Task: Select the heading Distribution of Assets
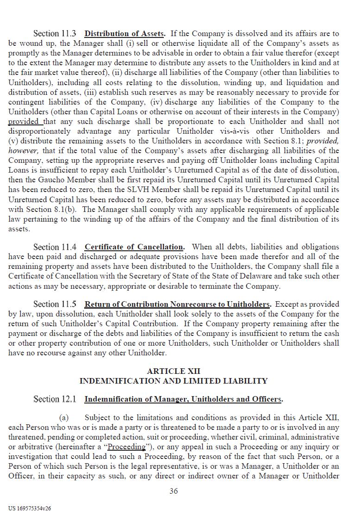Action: (x=124, y=34)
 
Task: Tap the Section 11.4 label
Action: (x=55, y=247)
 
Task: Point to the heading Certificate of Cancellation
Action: (x=134, y=247)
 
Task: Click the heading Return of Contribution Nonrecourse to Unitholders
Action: (x=177, y=304)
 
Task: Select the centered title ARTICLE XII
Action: (x=174, y=372)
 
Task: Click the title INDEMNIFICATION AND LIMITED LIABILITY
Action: (x=174, y=381)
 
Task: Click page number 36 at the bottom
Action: (x=174, y=491)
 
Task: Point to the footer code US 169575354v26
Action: (x=30, y=508)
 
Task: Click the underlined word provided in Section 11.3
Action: (x=25, y=122)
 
